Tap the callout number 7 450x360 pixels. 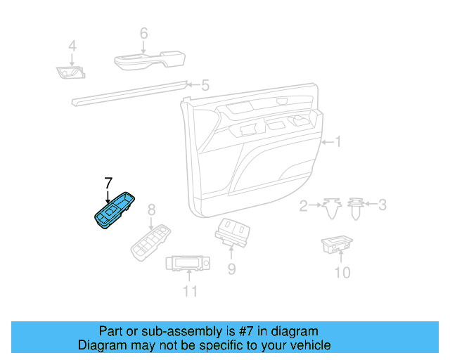tap(108, 183)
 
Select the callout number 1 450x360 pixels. tap(337, 142)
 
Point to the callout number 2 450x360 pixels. tap(304, 205)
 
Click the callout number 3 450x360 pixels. tap(382, 205)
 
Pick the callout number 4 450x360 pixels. tap(72, 47)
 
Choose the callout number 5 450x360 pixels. tap(205, 86)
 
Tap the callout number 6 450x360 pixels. tap(143, 33)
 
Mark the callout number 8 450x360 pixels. tap(150, 210)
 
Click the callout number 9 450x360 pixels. tap(231, 269)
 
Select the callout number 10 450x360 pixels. tap(342, 271)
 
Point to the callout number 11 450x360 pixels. tap(190, 290)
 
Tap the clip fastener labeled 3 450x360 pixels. tap(356, 208)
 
